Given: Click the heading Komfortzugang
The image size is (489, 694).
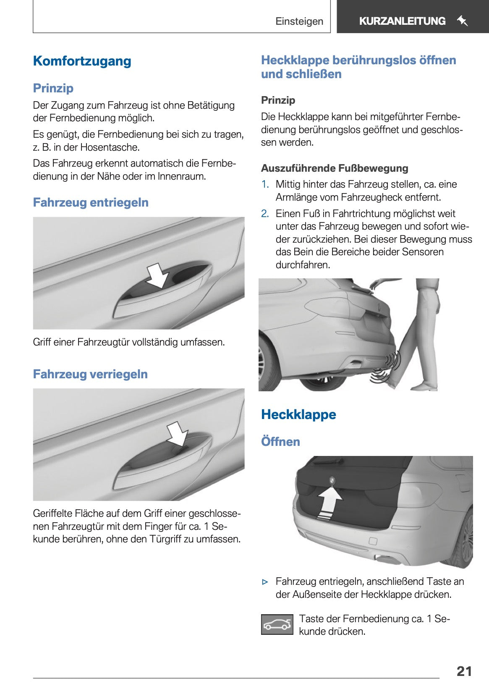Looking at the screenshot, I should pos(82,61).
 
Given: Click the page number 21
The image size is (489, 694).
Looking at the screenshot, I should pos(464,671).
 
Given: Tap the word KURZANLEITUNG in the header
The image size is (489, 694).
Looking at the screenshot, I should pos(402,21).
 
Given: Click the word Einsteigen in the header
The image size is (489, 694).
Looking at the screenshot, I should pos(299,21).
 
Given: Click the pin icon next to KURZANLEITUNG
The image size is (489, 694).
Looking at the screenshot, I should pos(462,21).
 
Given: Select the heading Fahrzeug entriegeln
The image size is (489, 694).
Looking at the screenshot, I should pos(91,202).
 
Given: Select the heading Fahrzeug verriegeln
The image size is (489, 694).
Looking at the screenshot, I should pos(90,374).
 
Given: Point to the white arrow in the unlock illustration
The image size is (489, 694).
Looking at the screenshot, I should pos(157,275).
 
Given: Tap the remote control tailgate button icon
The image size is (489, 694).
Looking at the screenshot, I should pos(277,624).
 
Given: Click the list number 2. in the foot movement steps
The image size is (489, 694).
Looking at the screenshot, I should pos(265,214).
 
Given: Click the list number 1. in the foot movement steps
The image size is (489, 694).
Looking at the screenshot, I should pos(265,184).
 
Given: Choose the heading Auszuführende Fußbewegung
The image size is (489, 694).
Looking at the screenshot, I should pos(335,168).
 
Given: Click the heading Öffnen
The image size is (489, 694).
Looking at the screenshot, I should pos(280,442).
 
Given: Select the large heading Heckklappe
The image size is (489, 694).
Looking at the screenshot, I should pos(298,415).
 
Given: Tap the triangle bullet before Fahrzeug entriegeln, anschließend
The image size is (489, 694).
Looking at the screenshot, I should pos(265,582).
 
